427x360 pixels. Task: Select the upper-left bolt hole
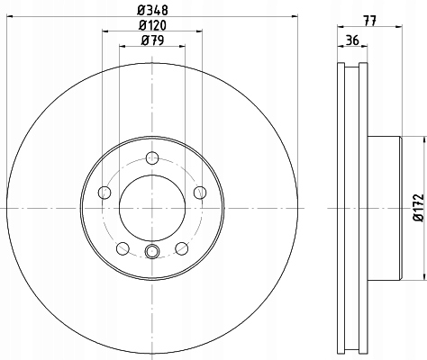pyautogui.click(x=104, y=191)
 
